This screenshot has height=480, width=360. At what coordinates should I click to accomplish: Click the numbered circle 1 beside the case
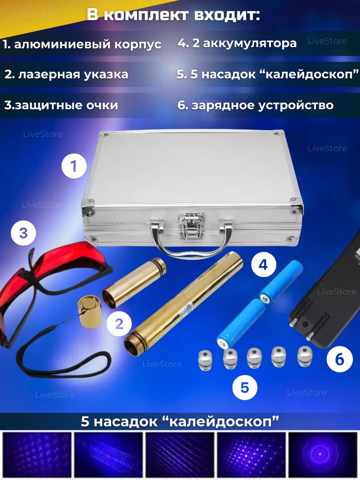[x=74, y=166]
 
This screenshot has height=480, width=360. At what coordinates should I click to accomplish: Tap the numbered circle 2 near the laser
[x=119, y=324]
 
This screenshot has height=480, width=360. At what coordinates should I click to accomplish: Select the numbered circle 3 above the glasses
[x=23, y=233]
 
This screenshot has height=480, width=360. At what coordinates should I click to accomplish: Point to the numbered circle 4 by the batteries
[x=264, y=265]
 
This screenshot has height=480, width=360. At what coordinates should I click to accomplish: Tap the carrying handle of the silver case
[x=191, y=245]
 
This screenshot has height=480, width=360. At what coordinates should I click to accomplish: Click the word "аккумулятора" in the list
[x=250, y=43]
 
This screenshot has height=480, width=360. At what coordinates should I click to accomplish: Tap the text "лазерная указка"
[x=73, y=74]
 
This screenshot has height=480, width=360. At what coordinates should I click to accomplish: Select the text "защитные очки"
[x=67, y=106]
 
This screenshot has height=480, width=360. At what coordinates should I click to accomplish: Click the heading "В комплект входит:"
[x=173, y=15]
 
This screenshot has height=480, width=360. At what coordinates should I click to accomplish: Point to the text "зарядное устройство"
[x=263, y=106]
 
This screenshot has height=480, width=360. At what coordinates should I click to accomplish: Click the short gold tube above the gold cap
[x=134, y=283]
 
